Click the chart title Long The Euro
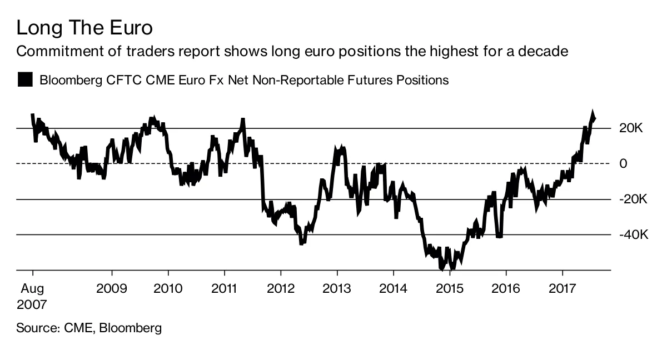(84, 27)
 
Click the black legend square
(25, 79)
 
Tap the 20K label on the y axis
(631, 128)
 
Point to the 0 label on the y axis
(623, 164)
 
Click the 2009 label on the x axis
(112, 289)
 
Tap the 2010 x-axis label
(168, 289)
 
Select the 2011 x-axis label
(224, 289)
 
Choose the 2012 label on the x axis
(281, 289)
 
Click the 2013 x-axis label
(337, 289)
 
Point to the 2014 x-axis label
(393, 289)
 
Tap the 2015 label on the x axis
(450, 289)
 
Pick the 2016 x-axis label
(506, 289)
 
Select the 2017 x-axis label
(563, 289)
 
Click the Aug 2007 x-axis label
(32, 296)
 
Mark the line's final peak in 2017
(593, 113)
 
